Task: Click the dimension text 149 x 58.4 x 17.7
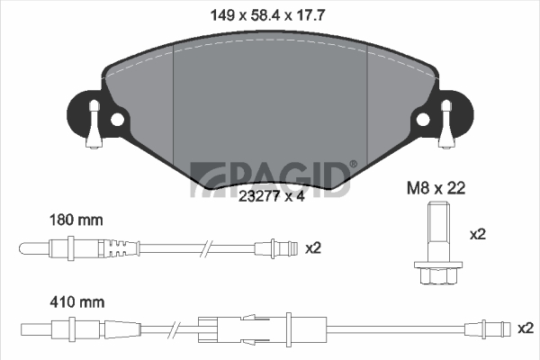pyautogui.click(x=267, y=15)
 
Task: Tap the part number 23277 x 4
pyautogui.click(x=272, y=196)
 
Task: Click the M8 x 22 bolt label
pyautogui.click(x=436, y=188)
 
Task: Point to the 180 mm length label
pyautogui.click(x=76, y=220)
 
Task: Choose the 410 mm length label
pyautogui.click(x=77, y=302)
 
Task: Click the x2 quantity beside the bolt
pyautogui.click(x=478, y=235)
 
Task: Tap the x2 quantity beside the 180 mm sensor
pyautogui.click(x=313, y=248)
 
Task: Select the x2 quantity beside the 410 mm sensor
pyautogui.click(x=526, y=328)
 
